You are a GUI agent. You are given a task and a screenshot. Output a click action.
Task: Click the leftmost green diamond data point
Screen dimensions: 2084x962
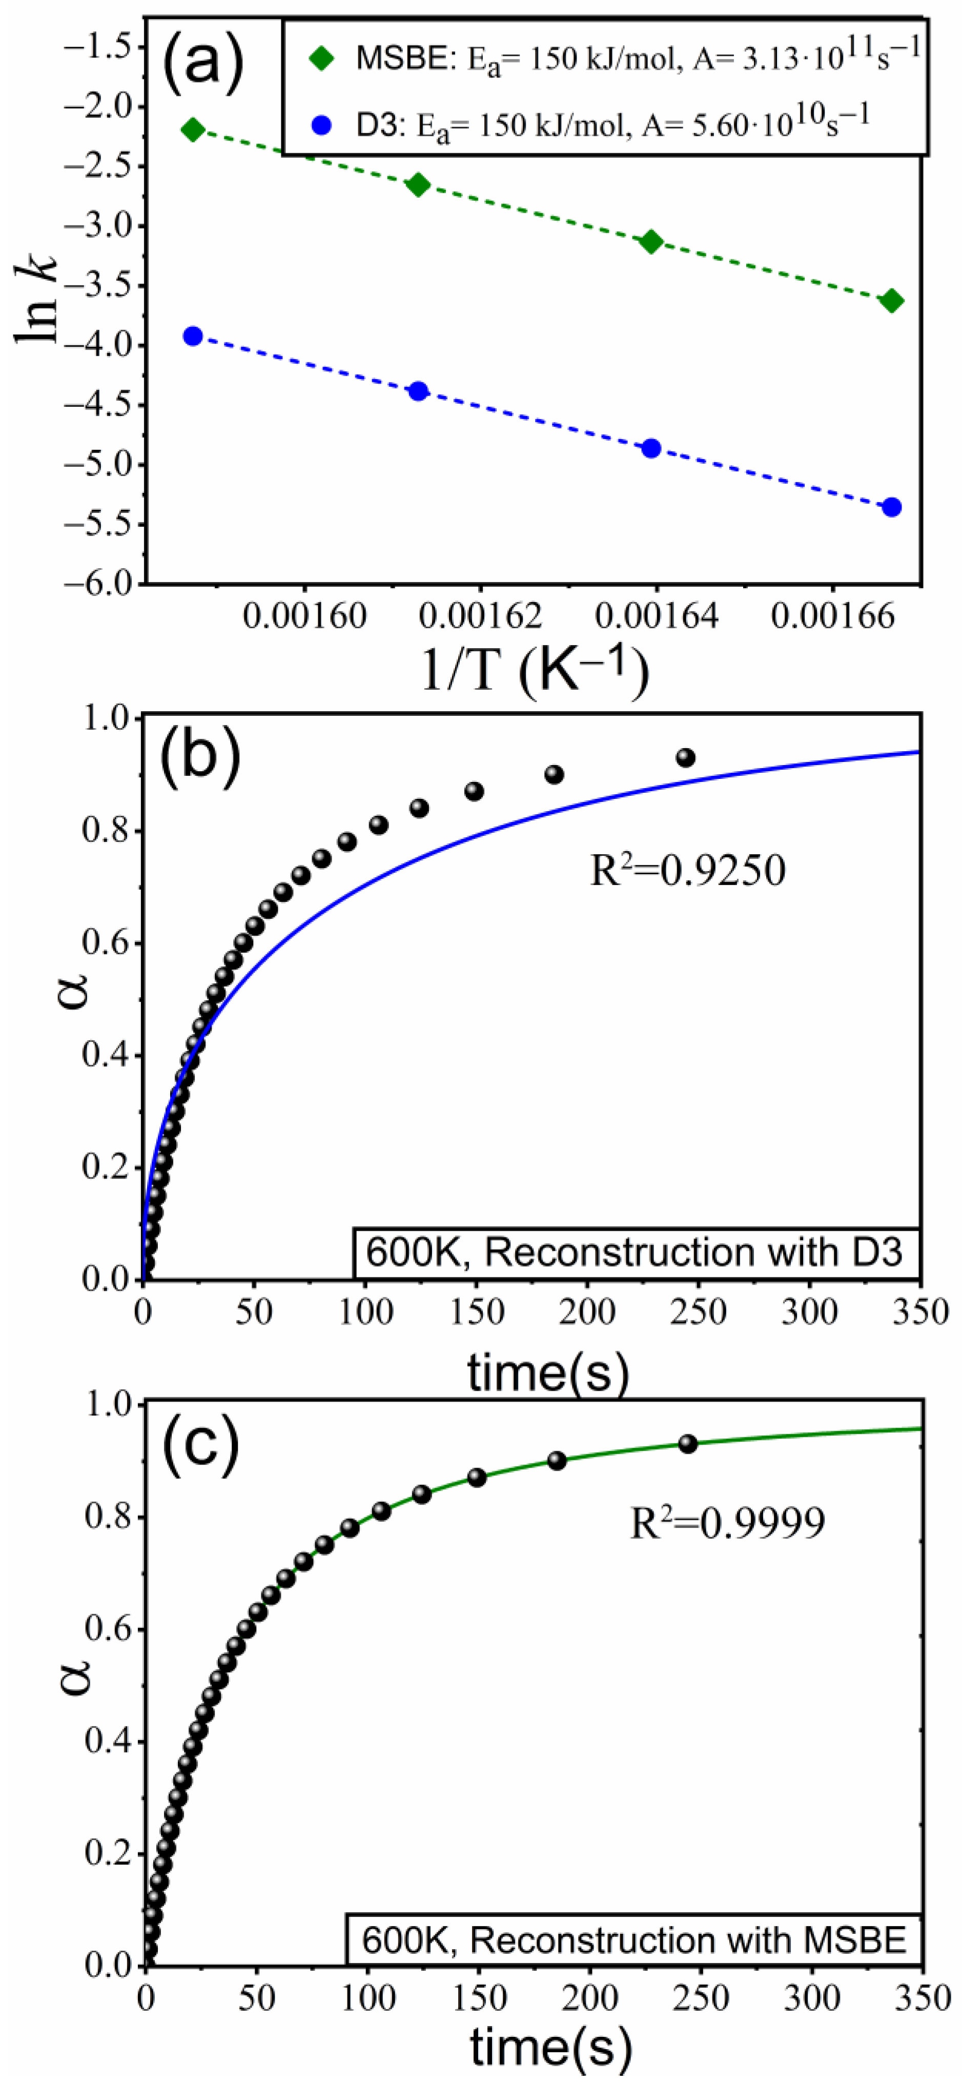point(193,130)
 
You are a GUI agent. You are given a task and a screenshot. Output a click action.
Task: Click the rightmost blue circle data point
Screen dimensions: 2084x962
point(892,507)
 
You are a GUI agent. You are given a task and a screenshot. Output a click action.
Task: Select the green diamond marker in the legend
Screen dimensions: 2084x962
point(322,59)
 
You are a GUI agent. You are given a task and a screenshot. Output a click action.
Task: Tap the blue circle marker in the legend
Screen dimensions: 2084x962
point(322,126)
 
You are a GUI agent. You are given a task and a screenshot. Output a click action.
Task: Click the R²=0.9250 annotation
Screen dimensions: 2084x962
point(688,871)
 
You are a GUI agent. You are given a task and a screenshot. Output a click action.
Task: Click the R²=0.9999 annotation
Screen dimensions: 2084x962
point(727,1523)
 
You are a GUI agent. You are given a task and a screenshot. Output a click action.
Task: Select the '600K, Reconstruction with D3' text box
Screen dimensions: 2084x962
point(635,1252)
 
